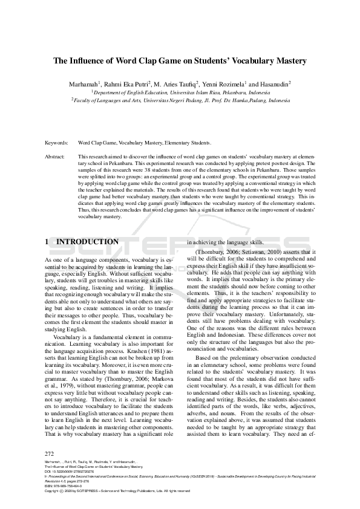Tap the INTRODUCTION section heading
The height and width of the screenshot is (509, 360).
coord(87,242)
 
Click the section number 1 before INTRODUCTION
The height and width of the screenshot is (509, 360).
coord(47,242)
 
